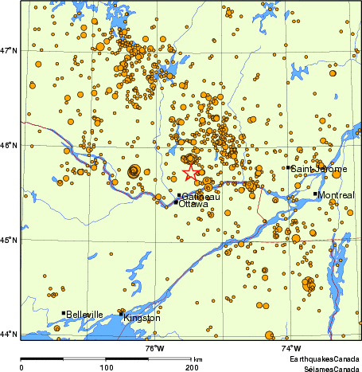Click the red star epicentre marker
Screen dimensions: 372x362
pos(191,173)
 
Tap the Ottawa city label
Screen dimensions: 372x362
pos(193,205)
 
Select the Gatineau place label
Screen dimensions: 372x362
pos(200,197)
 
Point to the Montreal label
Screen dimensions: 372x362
pos(337,195)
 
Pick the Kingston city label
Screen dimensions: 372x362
pos(142,318)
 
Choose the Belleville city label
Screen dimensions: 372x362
pos(85,315)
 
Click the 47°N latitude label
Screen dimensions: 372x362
pos(10,51)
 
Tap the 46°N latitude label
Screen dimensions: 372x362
pos(10,145)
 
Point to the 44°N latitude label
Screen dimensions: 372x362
pos(10,334)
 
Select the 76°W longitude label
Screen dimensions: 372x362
pos(154,348)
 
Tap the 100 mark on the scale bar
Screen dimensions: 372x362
pos(106,367)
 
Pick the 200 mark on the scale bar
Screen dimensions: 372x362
pos(192,367)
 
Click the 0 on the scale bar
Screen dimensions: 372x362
pos(21,367)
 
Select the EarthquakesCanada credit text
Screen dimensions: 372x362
pos(324,360)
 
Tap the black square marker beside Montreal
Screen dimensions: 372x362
pos(315,194)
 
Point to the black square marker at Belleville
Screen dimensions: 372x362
pos(64,313)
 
